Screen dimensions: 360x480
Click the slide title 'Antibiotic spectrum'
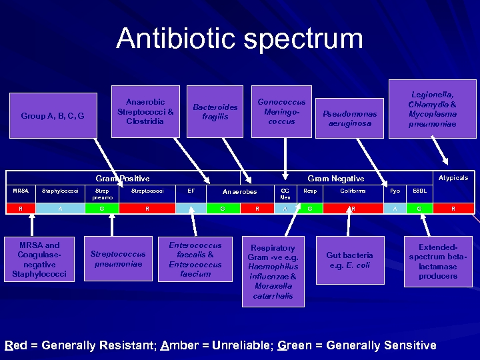click(239, 39)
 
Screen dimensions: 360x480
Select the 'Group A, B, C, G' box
click(53, 116)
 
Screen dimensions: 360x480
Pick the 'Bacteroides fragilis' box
click(215, 112)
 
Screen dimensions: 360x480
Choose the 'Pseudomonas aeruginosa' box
click(349, 119)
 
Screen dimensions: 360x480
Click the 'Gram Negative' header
click(335, 178)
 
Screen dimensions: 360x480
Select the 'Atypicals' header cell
click(453, 178)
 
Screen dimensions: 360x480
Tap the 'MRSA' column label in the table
click(21, 191)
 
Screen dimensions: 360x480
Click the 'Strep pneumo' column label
click(103, 194)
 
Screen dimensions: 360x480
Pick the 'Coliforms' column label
click(353, 191)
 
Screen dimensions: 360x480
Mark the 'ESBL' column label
click(419, 191)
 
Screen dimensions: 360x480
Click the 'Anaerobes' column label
click(239, 192)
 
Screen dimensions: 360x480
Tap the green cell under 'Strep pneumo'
click(101, 209)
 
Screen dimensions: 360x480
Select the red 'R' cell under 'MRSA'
click(21, 209)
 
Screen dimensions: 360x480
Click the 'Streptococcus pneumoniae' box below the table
click(117, 259)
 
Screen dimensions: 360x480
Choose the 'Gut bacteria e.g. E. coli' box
click(349, 259)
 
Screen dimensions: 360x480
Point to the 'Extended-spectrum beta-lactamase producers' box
click(437, 261)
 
